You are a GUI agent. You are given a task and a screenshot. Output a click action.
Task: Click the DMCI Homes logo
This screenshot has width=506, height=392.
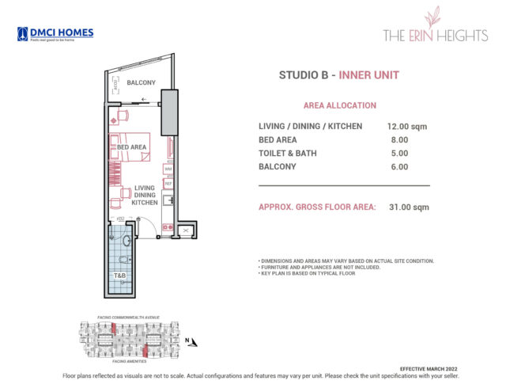(55, 34)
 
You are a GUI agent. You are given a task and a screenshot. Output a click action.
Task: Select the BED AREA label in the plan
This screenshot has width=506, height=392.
(131, 147)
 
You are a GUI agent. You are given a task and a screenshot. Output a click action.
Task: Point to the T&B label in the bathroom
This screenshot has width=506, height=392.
(120, 276)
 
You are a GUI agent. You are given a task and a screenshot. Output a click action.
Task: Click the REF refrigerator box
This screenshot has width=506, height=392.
(168, 184)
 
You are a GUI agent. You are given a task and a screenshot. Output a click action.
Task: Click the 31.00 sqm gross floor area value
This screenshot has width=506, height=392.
(410, 207)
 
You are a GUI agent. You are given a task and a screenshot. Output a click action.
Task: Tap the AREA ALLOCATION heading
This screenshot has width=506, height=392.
(339, 105)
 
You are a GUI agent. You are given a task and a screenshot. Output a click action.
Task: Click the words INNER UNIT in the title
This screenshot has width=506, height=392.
(369, 76)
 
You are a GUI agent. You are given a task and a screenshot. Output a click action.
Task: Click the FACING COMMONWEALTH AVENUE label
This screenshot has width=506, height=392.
(130, 317)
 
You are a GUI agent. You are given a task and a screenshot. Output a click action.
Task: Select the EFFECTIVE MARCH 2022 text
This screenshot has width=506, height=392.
(429, 369)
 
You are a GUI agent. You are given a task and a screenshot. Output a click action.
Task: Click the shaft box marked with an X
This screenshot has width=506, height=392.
(184, 230)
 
